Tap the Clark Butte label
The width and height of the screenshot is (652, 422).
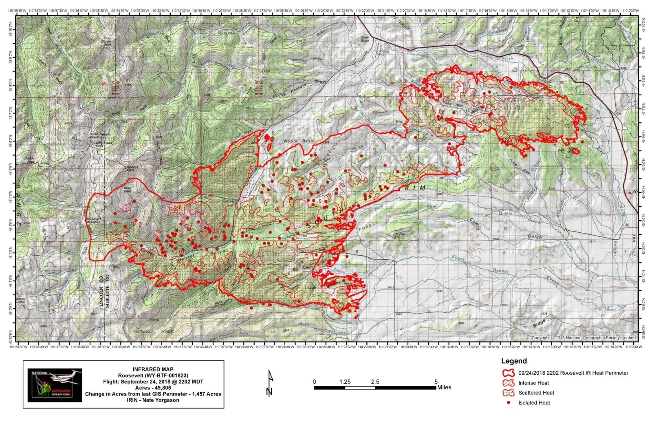(x=365, y=39)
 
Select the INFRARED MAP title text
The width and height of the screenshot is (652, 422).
(x=153, y=369)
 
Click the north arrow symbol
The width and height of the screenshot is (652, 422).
(x=269, y=383)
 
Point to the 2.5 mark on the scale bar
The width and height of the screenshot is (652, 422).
(x=375, y=382)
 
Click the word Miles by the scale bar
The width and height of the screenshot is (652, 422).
(x=444, y=387)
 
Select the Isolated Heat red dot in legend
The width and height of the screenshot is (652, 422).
(x=509, y=403)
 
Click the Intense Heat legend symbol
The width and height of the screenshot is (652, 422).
(x=509, y=383)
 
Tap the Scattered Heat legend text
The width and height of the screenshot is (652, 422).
(x=536, y=393)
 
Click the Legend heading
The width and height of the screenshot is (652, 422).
(x=513, y=361)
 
